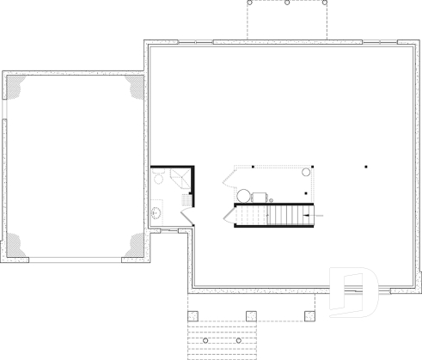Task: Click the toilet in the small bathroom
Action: click(x=158, y=177)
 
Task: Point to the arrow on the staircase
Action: click(x=310, y=207)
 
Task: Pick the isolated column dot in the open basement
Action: click(x=365, y=166)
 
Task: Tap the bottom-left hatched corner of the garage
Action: click(x=17, y=247)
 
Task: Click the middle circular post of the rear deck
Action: click(x=287, y=3)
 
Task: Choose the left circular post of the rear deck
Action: click(x=250, y=3)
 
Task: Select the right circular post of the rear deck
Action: click(x=325, y=3)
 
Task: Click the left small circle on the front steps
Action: click(x=205, y=340)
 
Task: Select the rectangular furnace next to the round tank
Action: click(x=259, y=197)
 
